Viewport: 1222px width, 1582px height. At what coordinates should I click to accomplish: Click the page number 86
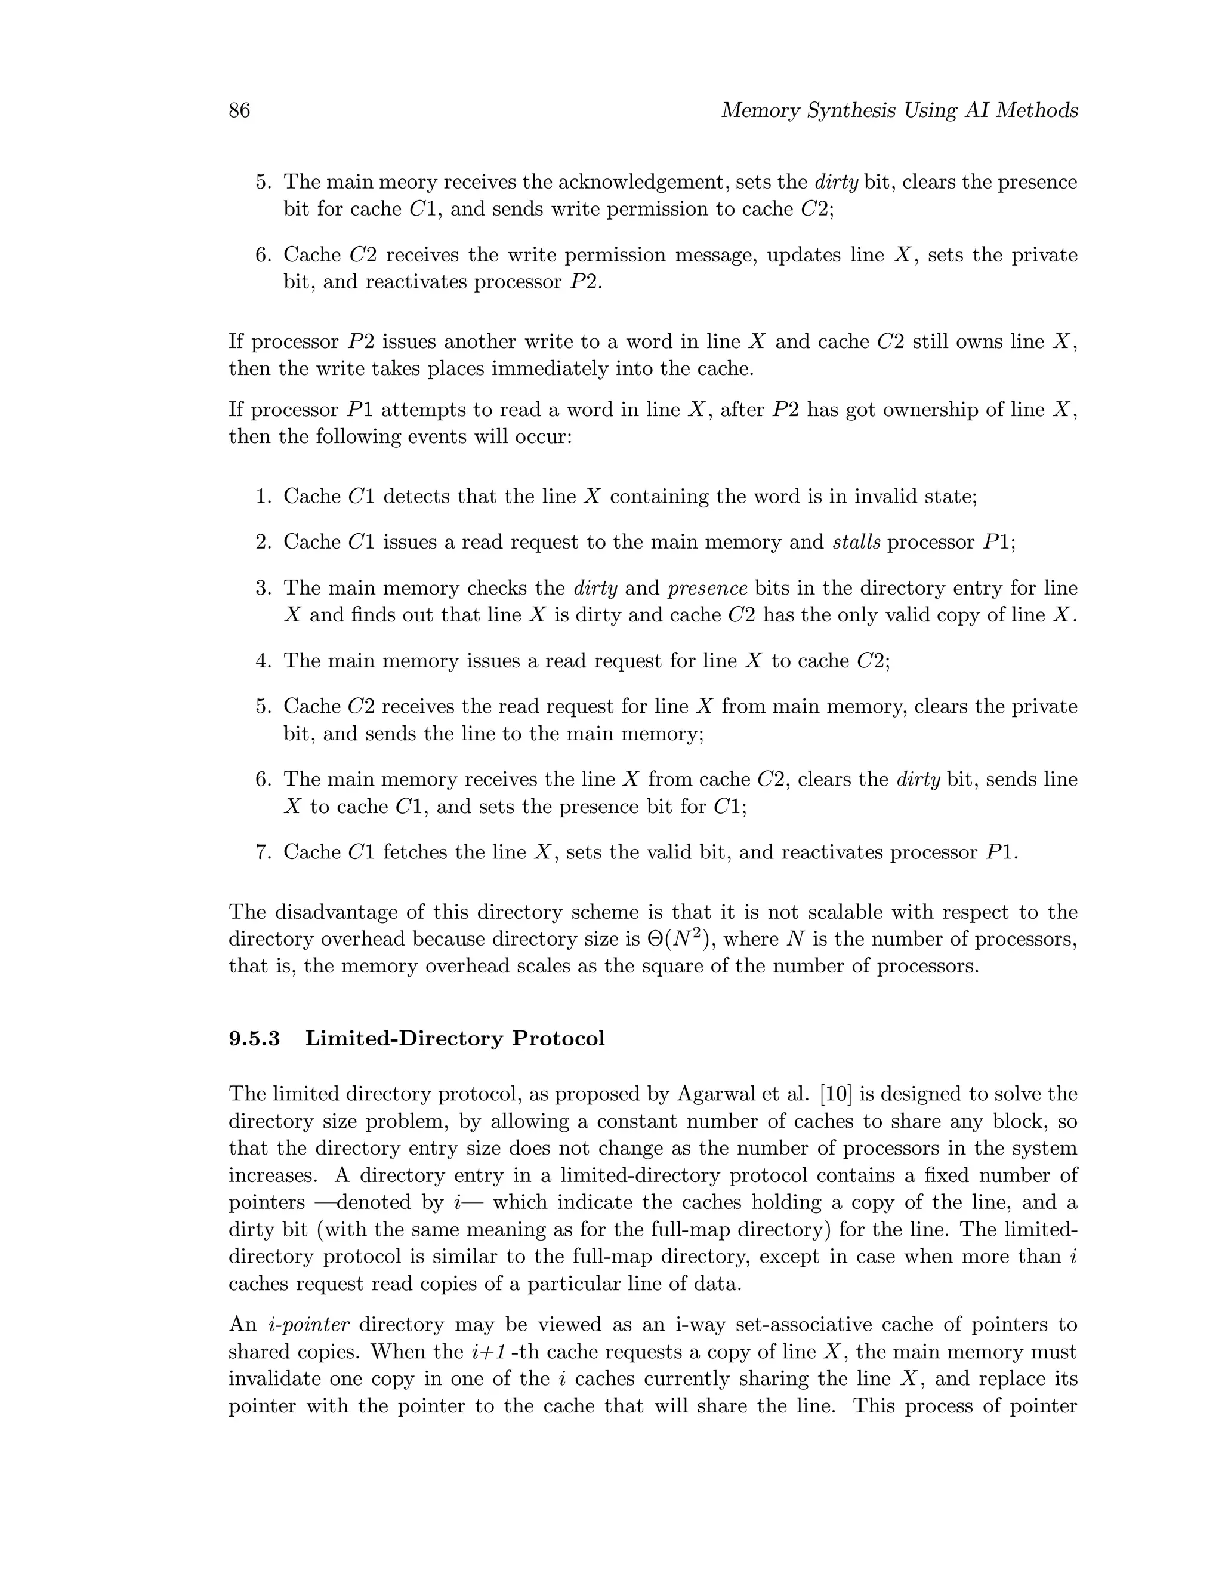tap(239, 111)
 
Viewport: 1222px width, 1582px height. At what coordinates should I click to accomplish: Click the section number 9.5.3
tap(254, 1039)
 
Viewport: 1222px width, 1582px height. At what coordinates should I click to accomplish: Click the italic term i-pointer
tap(309, 1325)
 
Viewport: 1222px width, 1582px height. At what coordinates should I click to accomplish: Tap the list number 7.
tap(263, 852)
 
